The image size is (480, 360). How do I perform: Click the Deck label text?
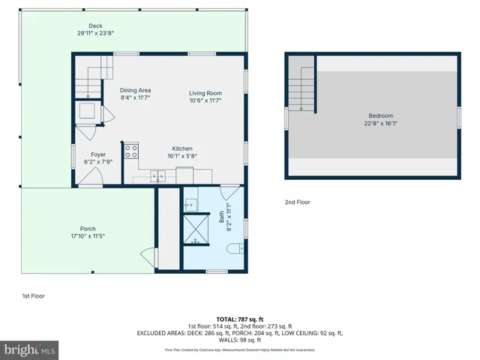(x=95, y=26)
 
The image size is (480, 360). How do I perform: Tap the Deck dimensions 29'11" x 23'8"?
(x=95, y=33)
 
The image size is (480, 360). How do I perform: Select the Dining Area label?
(x=136, y=91)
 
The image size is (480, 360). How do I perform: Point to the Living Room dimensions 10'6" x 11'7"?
(x=205, y=100)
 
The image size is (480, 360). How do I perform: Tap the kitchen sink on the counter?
(x=158, y=176)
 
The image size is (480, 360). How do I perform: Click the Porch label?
(x=88, y=229)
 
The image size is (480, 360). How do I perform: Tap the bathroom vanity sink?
(x=190, y=202)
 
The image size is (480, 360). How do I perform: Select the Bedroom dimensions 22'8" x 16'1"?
(x=381, y=123)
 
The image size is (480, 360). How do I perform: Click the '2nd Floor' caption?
(x=297, y=202)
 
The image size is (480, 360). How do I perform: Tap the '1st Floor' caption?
(x=32, y=296)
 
